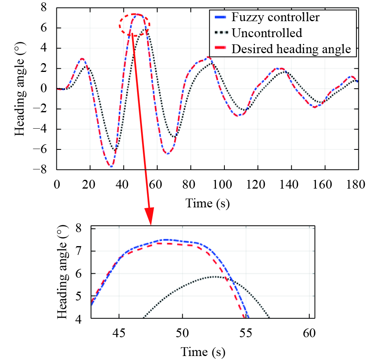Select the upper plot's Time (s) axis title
[x=207, y=203]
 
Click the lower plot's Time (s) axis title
[x=203, y=352]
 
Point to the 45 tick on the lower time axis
[x=119, y=333]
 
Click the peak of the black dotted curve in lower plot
[x=214, y=276]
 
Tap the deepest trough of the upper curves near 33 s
[x=111, y=166]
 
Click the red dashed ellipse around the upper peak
[x=134, y=25]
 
